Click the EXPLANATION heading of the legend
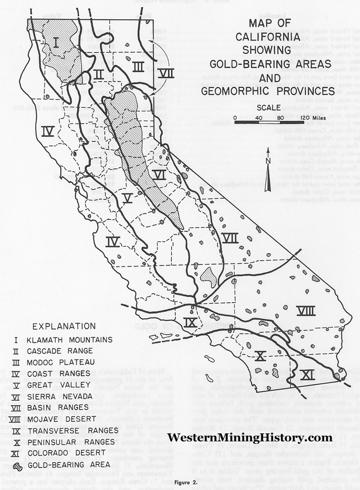click(64, 326)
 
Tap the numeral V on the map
click(128, 198)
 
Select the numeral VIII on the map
click(306, 310)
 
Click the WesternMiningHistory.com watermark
click(250, 437)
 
